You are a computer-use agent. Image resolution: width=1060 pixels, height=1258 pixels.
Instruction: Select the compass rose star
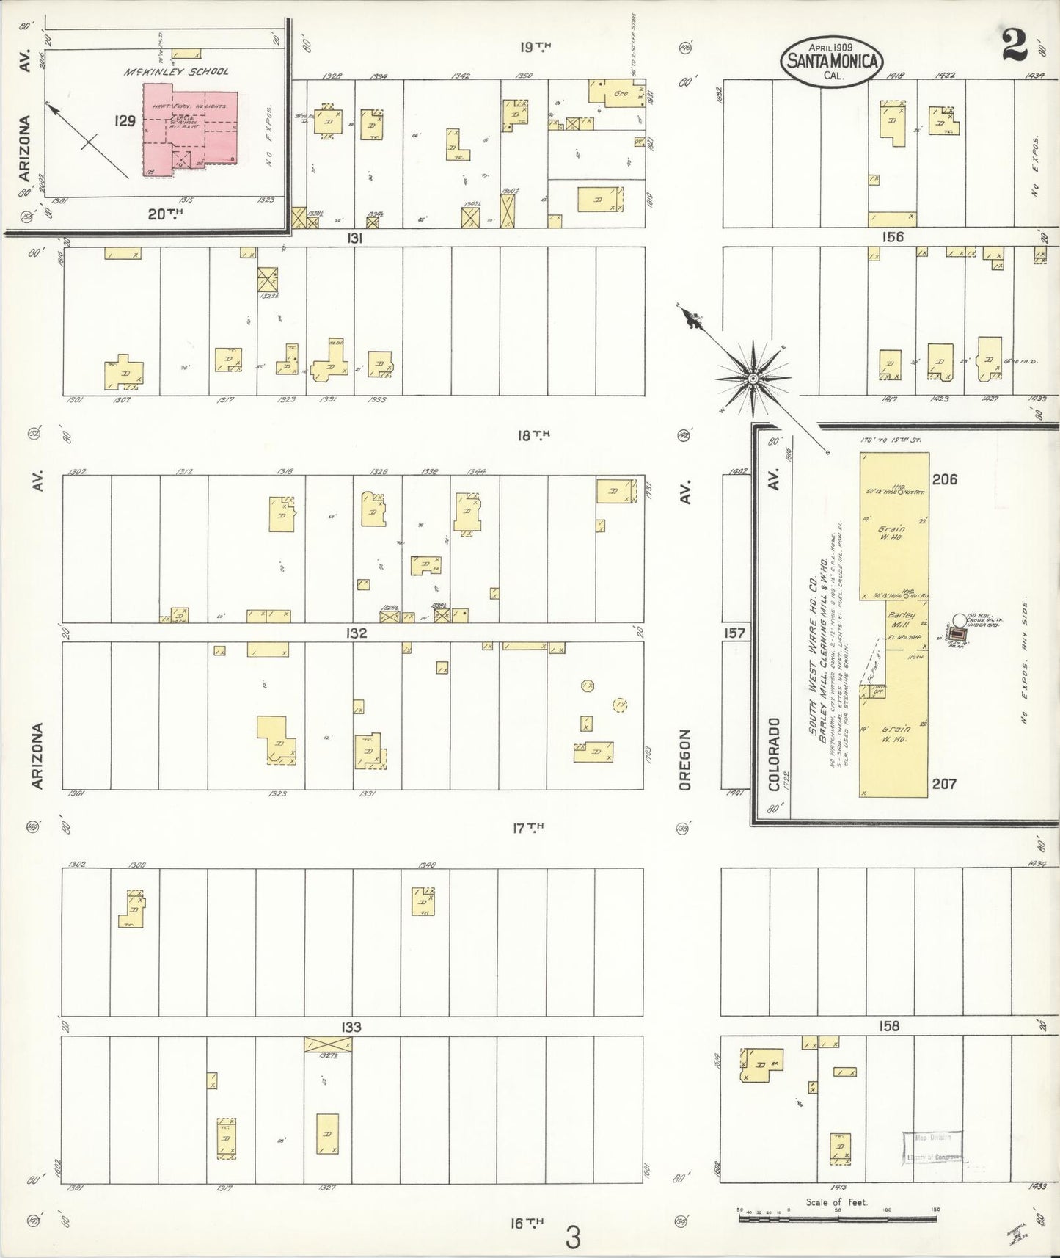coord(753,377)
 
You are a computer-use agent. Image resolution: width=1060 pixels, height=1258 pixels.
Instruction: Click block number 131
coord(356,238)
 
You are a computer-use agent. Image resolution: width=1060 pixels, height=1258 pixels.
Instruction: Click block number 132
coord(356,633)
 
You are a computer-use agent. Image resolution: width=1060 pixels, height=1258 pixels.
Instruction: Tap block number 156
coord(893,237)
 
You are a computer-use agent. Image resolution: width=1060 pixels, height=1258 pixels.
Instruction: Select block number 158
coord(888,1026)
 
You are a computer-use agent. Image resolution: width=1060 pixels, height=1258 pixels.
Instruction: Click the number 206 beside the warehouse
coord(945,479)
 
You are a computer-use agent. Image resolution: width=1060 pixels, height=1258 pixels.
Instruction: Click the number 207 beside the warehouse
coord(945,783)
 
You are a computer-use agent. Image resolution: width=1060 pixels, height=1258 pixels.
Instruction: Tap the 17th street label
coord(528,828)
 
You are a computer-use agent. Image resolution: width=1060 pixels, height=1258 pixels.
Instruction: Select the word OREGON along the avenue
coord(685,759)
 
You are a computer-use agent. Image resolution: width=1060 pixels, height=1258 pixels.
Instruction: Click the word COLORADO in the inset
coord(775,754)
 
